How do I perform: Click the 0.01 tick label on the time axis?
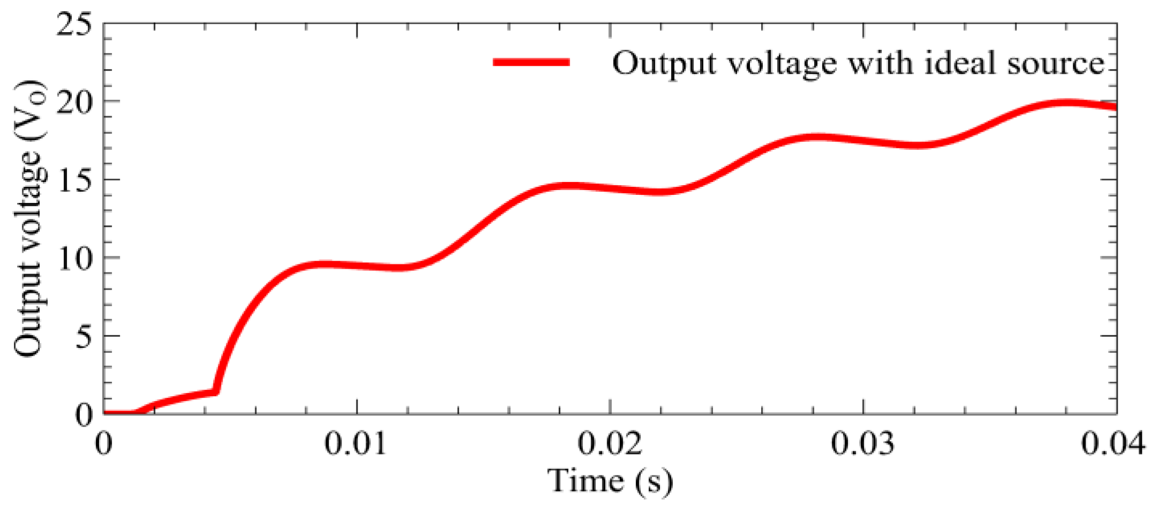pyautogui.click(x=356, y=444)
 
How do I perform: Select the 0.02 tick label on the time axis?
pyautogui.click(x=610, y=444)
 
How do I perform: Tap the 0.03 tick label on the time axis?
pyautogui.click(x=863, y=444)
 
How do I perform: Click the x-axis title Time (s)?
pyautogui.click(x=610, y=480)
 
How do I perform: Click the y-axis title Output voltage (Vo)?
pyautogui.click(x=29, y=218)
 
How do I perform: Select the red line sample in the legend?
pyautogui.click(x=531, y=63)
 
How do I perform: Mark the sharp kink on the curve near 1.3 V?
pyautogui.click(x=216, y=392)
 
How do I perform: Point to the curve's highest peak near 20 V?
pyautogui.click(x=1065, y=103)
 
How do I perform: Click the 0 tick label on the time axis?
pyautogui.click(x=103, y=444)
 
